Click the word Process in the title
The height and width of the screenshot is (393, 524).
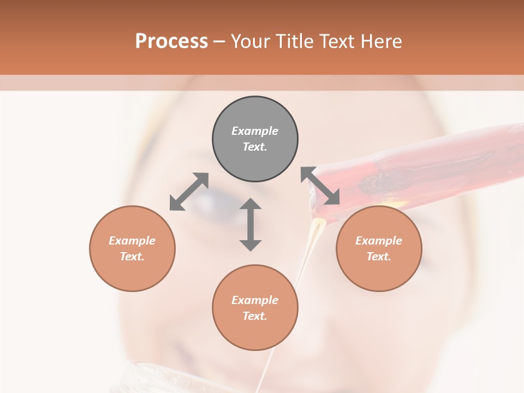coord(171,41)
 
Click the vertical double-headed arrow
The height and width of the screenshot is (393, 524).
coord(251,224)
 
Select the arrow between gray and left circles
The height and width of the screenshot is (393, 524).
coord(189,192)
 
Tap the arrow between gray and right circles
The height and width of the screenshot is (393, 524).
coord(320,186)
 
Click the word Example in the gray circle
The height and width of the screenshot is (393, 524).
coord(255,131)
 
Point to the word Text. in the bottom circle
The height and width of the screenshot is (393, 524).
coord(255,316)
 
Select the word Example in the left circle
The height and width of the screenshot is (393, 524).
coord(132,241)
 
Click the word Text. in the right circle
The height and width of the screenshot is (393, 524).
coord(379,257)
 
